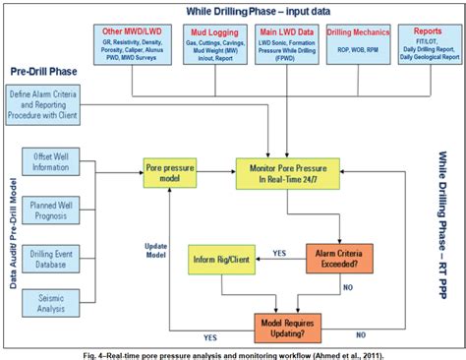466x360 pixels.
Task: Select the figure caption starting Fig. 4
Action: [233, 351]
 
